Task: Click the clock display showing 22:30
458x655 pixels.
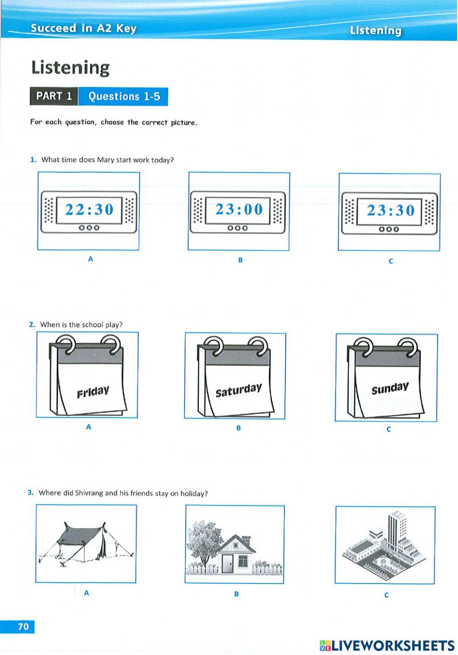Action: point(89,210)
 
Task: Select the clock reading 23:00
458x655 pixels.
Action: point(239,209)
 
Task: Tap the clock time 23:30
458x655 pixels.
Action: point(390,210)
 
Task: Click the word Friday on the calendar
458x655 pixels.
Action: point(93,392)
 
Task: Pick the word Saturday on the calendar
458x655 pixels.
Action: point(239,390)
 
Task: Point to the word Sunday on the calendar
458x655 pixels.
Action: point(390,388)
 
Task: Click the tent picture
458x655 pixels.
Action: point(86,544)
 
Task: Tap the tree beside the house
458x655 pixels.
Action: point(202,540)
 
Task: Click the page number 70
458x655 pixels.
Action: point(23,627)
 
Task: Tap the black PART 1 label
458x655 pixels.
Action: point(54,96)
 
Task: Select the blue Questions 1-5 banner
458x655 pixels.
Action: point(124,97)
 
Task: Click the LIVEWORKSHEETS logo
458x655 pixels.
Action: point(387,645)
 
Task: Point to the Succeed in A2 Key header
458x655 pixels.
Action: point(83,28)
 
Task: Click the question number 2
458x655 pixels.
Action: point(32,325)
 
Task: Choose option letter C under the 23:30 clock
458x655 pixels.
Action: point(391,261)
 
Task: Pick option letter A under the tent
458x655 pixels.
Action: point(87,593)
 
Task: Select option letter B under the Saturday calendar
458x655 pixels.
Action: point(239,428)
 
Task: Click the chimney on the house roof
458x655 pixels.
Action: point(246,538)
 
